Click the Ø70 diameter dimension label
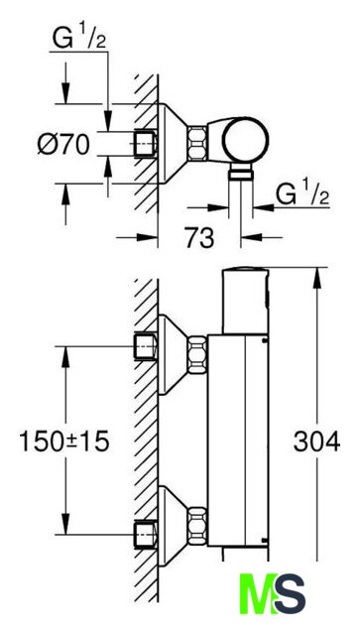point(63,144)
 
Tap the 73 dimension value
point(199,238)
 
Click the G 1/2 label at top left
point(79,39)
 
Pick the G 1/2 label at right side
point(302,194)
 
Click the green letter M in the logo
point(258,594)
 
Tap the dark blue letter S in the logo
point(290,594)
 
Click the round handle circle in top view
point(245,141)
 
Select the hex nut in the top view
point(196,144)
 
